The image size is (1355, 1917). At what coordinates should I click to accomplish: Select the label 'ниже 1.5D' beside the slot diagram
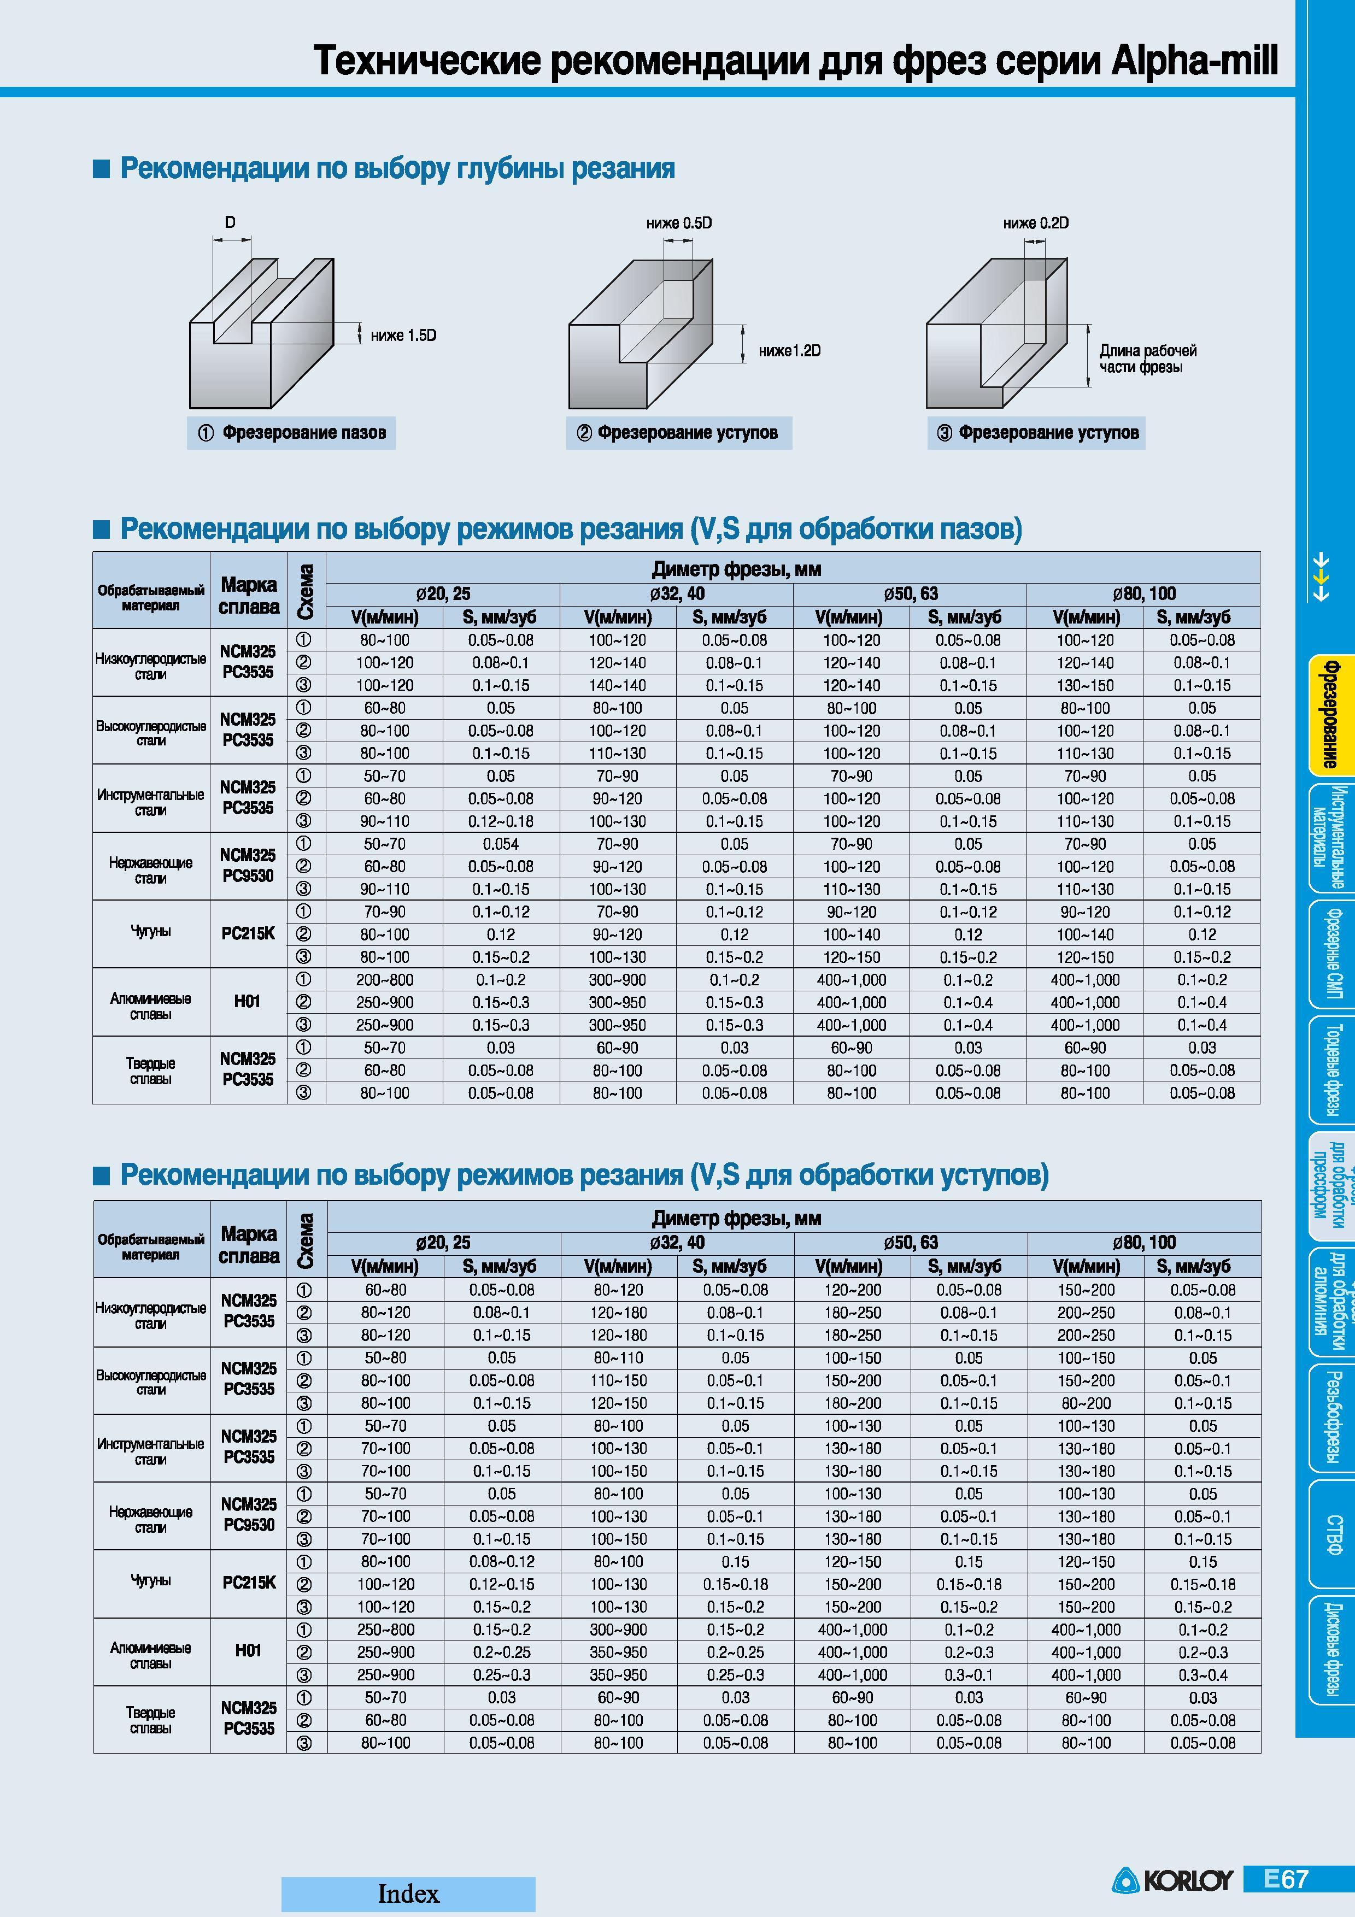(x=403, y=336)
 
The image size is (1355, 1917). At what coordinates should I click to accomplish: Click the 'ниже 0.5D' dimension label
(x=679, y=224)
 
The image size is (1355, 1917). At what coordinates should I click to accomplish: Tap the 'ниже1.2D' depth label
(x=789, y=351)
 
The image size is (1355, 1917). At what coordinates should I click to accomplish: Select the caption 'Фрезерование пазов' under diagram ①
(x=304, y=432)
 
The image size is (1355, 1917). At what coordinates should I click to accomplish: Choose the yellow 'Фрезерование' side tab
(x=1326, y=714)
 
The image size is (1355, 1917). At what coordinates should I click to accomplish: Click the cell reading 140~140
(x=618, y=685)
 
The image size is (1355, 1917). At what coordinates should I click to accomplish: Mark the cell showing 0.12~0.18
(x=501, y=821)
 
